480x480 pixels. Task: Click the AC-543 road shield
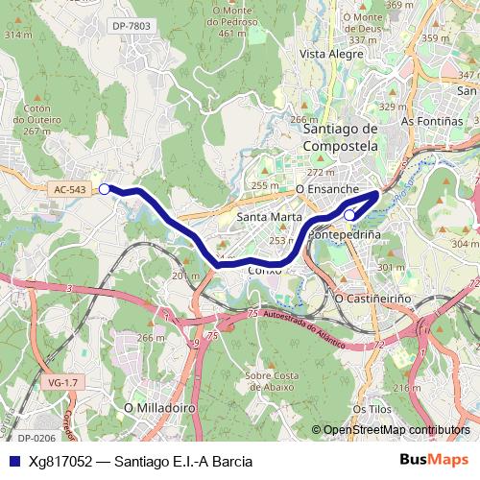(70, 190)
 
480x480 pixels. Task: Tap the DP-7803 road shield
(131, 26)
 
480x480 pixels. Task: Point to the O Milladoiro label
(160, 408)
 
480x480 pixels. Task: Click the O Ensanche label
(326, 190)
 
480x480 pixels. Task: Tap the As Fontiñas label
(428, 122)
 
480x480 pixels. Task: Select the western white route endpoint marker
(105, 189)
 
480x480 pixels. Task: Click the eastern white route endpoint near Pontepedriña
(350, 215)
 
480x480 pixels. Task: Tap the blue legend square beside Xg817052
(13, 461)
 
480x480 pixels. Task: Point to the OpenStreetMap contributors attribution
(396, 430)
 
